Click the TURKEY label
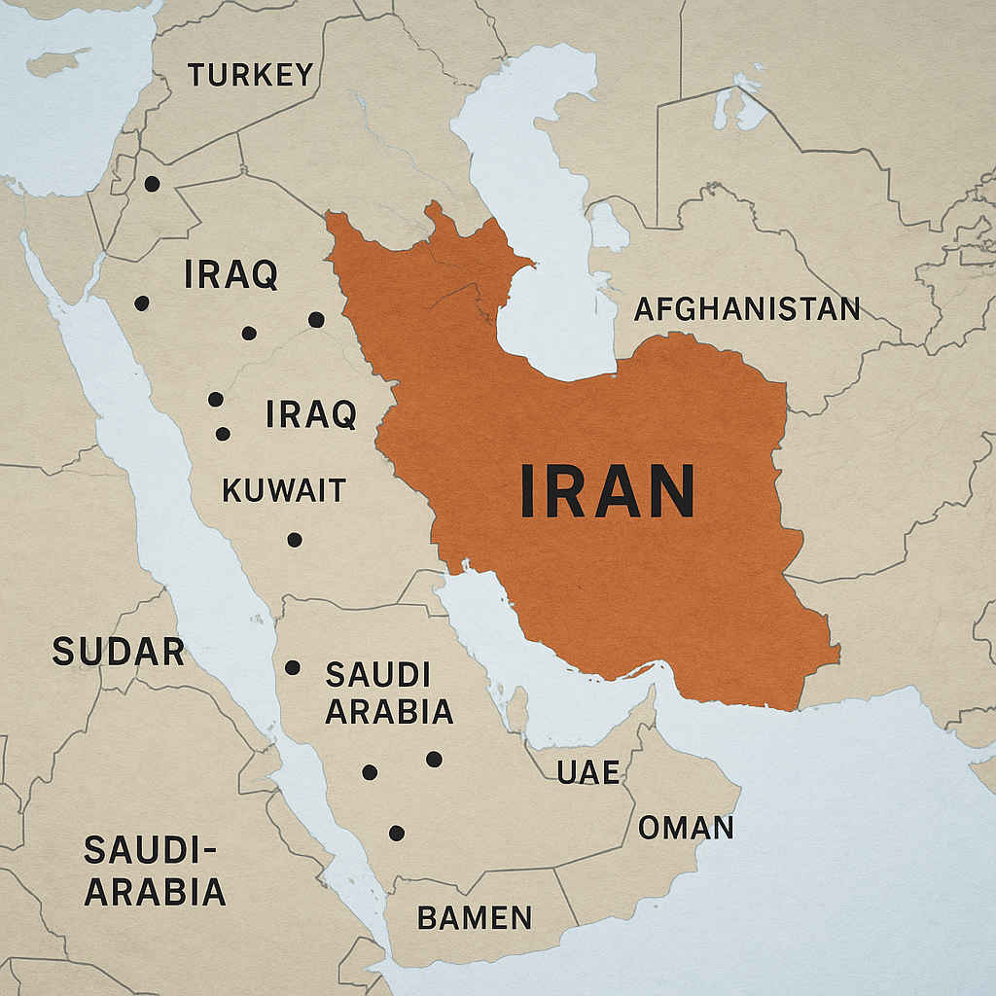[251, 75]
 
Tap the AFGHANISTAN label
[747, 309]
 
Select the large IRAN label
[608, 490]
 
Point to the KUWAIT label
[284, 490]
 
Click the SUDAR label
[118, 652]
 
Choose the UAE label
[588, 772]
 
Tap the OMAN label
[686, 828]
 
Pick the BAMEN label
[475, 917]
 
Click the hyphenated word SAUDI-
[148, 850]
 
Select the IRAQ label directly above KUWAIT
[311, 415]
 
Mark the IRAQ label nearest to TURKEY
[231, 275]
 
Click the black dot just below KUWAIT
[295, 540]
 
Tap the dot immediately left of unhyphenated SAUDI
[293, 667]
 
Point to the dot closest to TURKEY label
[152, 183]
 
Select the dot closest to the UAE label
[434, 759]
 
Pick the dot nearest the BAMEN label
[397, 833]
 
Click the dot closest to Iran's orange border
[315, 319]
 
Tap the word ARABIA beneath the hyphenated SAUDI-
[156, 892]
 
